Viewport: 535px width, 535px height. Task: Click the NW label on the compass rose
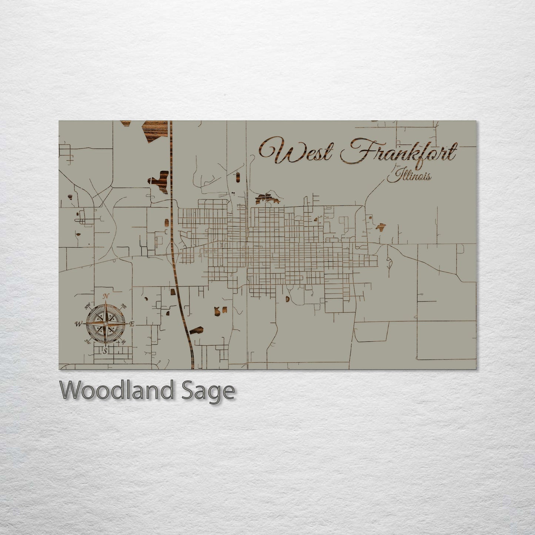[x=88, y=306]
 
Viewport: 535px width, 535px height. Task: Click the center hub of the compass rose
[x=106, y=324]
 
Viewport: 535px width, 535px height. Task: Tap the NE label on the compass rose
[x=124, y=307]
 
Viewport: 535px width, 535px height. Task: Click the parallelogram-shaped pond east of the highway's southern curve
[x=197, y=330]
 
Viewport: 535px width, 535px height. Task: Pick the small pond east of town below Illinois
[x=381, y=227]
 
